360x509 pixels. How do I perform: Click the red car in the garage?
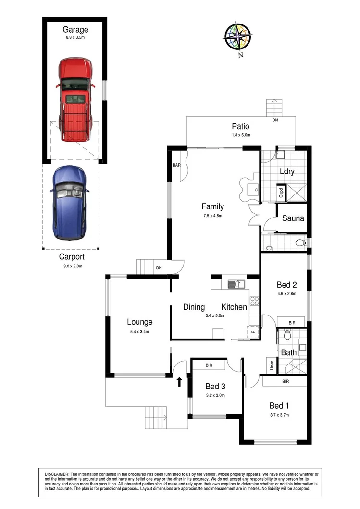pyautogui.click(x=75, y=99)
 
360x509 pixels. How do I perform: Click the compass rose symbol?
pyautogui.click(x=238, y=36)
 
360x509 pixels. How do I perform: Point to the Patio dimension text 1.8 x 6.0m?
pyautogui.click(x=240, y=135)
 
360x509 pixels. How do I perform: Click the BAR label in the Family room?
pyautogui.click(x=176, y=165)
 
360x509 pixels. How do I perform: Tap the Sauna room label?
pyautogui.click(x=293, y=218)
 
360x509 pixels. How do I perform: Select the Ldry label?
pyautogui.click(x=287, y=171)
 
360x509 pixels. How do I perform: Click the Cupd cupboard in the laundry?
pyautogui.click(x=281, y=193)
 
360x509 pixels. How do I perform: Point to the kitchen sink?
pyautogui.click(x=236, y=284)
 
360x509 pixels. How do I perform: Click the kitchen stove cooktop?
pyautogui.click(x=254, y=301)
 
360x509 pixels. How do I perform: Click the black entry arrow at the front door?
pyautogui.click(x=179, y=382)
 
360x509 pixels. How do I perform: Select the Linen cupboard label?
pyautogui.click(x=272, y=365)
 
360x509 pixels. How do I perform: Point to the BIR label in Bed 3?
pyautogui.click(x=209, y=365)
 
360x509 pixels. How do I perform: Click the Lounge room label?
pyautogui.click(x=139, y=322)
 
